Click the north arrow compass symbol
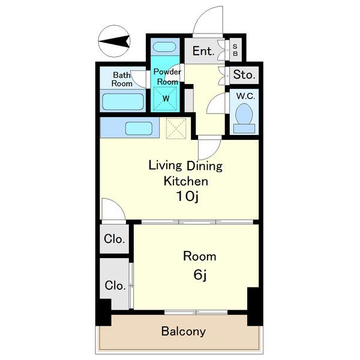coord(114,41)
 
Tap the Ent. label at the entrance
coord(203,51)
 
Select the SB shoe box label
coord(235,50)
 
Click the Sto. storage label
coord(244,74)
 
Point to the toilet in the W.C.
coord(244,118)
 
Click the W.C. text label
coord(245,96)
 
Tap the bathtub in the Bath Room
coord(123,101)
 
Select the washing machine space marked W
coord(166,98)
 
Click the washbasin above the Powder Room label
coord(164,47)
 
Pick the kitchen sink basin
coord(139,128)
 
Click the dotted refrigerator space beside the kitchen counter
coord(176,128)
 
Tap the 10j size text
coord(187,197)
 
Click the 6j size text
coord(200,275)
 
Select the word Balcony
coord(184,332)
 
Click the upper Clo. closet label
coord(114,239)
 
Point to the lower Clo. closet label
coord(115,286)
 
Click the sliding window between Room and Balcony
coord(196,312)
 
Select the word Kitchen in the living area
coord(186,181)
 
